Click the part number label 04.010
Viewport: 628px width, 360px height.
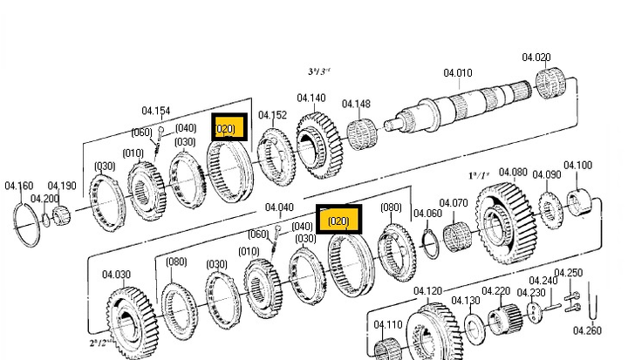click(x=457, y=73)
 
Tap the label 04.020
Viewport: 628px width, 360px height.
click(x=536, y=58)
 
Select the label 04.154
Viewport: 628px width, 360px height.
click(x=156, y=111)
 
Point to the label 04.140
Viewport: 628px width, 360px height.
click(x=311, y=98)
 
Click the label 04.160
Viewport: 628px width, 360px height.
click(x=18, y=186)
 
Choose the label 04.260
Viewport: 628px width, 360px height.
click(x=587, y=330)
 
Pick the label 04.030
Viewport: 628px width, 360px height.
click(x=116, y=275)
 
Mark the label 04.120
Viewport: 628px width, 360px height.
click(x=427, y=291)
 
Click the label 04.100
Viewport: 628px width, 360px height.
click(x=577, y=166)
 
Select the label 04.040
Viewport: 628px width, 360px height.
click(x=279, y=207)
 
